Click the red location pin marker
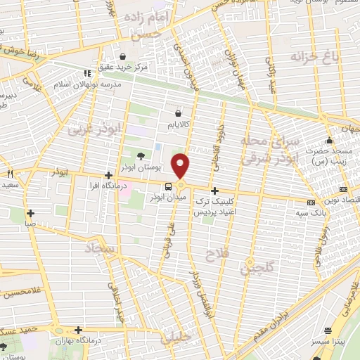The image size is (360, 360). [181, 166]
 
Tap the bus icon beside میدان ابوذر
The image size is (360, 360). [168, 186]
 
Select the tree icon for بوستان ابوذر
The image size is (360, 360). [141, 156]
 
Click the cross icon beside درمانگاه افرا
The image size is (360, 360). [108, 175]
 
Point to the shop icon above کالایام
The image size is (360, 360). [179, 112]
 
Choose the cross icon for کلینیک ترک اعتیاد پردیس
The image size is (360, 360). [214, 191]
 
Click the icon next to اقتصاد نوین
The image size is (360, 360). [342, 189]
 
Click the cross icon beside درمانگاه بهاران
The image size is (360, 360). [79, 329]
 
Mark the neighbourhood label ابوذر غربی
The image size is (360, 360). [90, 130]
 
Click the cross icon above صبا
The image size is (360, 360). [30, 213]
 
